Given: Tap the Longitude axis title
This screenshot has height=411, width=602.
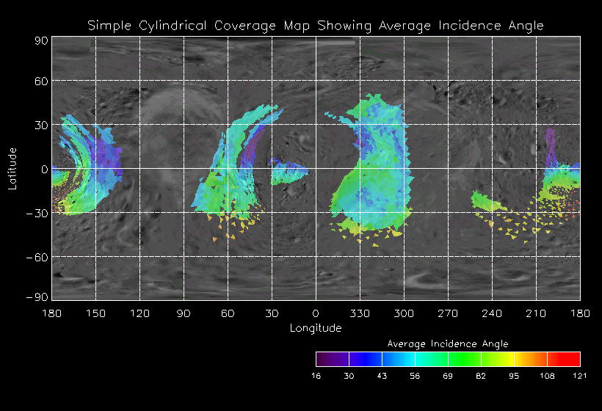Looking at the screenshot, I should pyautogui.click(x=316, y=328).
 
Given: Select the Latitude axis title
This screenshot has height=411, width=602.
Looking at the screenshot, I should pyautogui.click(x=12, y=168).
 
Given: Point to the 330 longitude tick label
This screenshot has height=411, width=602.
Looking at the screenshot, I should pyautogui.click(x=360, y=313).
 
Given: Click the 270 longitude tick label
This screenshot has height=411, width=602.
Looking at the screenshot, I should pyautogui.click(x=448, y=313).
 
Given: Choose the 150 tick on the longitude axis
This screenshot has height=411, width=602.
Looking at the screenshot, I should pyautogui.click(x=95, y=313).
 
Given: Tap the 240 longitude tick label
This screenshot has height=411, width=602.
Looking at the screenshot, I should pyautogui.click(x=492, y=313).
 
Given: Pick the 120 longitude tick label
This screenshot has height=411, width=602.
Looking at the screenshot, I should pyautogui.click(x=139, y=313).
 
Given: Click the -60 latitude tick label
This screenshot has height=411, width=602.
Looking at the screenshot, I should pyautogui.click(x=37, y=257).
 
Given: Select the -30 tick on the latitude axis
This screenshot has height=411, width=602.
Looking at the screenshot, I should pyautogui.click(x=37, y=213).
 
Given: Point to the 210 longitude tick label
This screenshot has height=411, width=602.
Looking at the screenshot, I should pyautogui.click(x=536, y=313).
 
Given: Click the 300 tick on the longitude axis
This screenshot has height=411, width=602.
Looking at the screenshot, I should pyautogui.click(x=404, y=313).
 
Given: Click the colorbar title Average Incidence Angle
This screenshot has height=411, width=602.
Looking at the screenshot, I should pyautogui.click(x=447, y=343).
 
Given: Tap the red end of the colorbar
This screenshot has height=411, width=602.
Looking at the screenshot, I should pyautogui.click(x=575, y=359).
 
